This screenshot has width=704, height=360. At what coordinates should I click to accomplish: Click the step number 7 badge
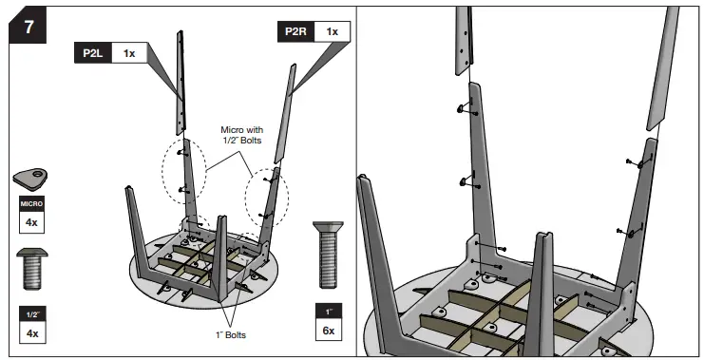pyautogui.click(x=28, y=27)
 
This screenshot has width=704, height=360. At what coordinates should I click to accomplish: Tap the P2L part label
pyautogui.click(x=93, y=53)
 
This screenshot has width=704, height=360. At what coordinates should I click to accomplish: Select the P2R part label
pyautogui.click(x=295, y=32)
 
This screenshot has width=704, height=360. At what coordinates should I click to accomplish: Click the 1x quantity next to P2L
pyautogui.click(x=129, y=53)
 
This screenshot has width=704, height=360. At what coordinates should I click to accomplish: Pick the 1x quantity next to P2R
pyautogui.click(x=333, y=32)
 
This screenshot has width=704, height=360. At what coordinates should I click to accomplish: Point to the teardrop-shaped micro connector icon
pyautogui.click(x=30, y=179)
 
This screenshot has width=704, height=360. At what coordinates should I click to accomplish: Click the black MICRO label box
pyautogui.click(x=31, y=204)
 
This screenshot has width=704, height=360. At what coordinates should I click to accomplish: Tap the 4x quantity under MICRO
pyautogui.click(x=31, y=222)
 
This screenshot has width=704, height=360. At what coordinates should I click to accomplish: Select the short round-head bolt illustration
pyautogui.click(x=32, y=269)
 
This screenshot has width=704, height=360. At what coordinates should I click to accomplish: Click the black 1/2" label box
pyautogui.click(x=32, y=314)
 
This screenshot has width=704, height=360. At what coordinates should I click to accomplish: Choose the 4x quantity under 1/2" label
pyautogui.click(x=32, y=333)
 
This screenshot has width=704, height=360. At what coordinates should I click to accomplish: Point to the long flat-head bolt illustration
pyautogui.click(x=328, y=255)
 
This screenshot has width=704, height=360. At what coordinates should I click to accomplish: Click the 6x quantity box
pyautogui.click(x=329, y=331)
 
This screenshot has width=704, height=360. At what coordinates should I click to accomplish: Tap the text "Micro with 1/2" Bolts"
pyautogui.click(x=242, y=135)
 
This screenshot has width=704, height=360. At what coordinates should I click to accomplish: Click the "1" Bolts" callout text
pyautogui.click(x=231, y=335)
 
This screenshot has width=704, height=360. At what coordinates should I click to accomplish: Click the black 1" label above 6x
pyautogui.click(x=329, y=312)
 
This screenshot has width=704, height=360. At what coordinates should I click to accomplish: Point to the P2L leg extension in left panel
pyautogui.click(x=181, y=83)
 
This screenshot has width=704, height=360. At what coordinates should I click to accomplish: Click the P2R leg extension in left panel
pyautogui.click(x=286, y=113)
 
